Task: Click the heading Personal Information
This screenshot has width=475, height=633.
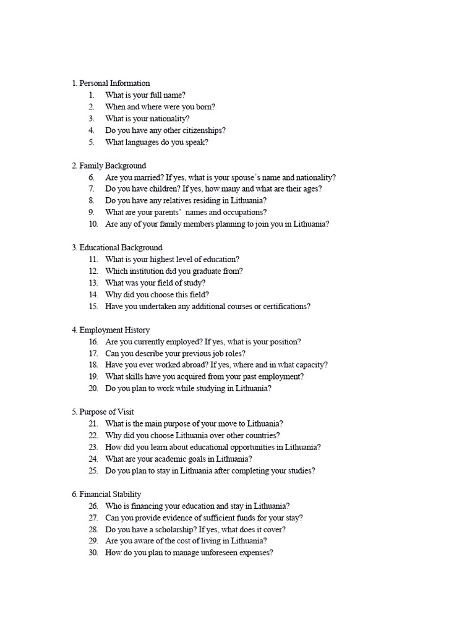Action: click(x=111, y=83)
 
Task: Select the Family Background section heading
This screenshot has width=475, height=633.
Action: click(x=109, y=166)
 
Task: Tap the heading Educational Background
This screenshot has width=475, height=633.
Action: click(x=117, y=248)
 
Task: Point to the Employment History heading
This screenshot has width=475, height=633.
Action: click(x=111, y=330)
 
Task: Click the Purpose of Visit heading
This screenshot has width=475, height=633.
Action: click(x=103, y=412)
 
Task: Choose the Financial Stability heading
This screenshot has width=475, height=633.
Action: click(x=106, y=495)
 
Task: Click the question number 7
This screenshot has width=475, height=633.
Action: click(x=92, y=189)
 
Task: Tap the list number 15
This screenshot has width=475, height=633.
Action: click(x=93, y=307)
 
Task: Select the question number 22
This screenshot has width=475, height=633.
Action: click(x=93, y=436)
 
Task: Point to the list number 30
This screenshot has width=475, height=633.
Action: click(x=93, y=553)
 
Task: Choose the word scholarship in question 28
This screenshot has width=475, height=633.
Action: click(x=167, y=530)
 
